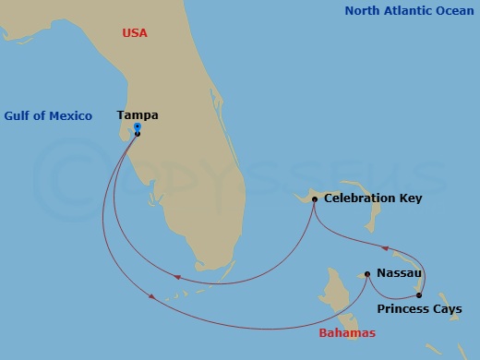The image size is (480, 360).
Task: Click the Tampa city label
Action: (138, 115)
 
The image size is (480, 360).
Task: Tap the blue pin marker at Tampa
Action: (138, 127)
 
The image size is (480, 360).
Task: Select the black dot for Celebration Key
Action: (315, 199)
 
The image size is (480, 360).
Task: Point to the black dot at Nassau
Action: (367, 273)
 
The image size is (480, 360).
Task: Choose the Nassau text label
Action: (399, 273)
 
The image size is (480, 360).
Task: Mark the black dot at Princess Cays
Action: (418, 295)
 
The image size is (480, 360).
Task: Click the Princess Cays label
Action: (420, 309)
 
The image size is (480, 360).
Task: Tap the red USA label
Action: (135, 33)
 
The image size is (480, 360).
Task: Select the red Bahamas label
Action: (346, 332)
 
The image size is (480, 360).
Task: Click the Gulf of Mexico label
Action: (48, 115)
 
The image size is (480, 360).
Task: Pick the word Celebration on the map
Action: (356, 198)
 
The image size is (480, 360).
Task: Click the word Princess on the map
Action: (404, 309)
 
